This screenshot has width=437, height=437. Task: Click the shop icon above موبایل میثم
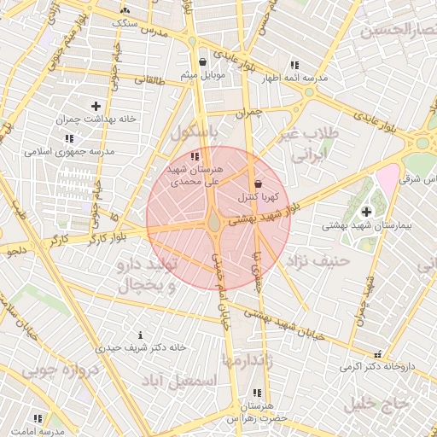click(x=202, y=62)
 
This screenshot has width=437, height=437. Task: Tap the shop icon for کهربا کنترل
click(x=259, y=184)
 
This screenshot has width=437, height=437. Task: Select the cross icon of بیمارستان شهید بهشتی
click(x=367, y=212)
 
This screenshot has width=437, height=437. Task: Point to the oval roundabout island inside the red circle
click(x=213, y=224)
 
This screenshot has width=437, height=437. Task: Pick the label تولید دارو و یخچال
click(x=144, y=275)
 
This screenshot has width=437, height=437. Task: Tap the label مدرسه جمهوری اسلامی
click(x=68, y=151)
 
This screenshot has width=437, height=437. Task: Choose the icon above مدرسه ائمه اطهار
click(x=294, y=65)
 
